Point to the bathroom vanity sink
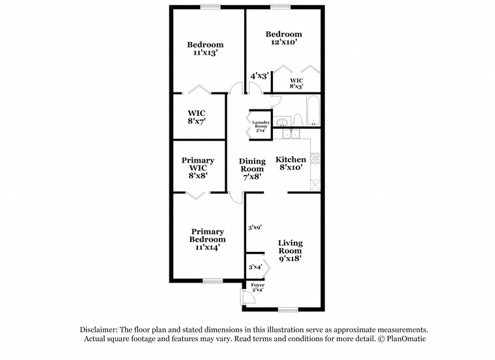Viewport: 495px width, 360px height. (281, 122)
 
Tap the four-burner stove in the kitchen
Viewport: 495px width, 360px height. (317, 158)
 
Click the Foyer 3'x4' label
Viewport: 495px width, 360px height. (257, 288)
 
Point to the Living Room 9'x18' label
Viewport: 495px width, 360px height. (290, 251)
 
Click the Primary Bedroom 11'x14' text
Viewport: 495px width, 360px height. (208, 239)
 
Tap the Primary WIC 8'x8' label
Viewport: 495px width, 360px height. (197, 168)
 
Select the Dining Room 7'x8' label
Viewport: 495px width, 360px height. (252, 169)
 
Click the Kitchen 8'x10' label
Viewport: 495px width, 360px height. (290, 164)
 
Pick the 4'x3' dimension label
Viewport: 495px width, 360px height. (259, 76)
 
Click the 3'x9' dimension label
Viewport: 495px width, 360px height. (254, 228)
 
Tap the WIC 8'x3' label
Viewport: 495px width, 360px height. (296, 83)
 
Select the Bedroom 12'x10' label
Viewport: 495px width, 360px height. (283, 38)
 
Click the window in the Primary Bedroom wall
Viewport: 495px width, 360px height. (212, 281)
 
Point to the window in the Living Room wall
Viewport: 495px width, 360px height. (287, 309)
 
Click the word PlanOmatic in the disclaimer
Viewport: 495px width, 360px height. (405, 339)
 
